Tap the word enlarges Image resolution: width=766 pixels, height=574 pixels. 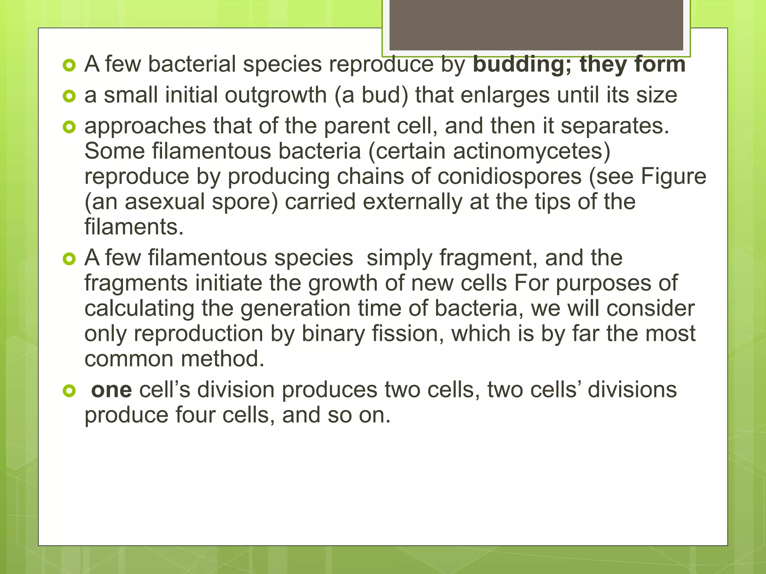click(505, 95)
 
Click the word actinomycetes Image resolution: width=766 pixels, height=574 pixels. click(531, 151)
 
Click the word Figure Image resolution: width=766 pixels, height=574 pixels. click(673, 176)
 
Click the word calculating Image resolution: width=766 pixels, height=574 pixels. click(139, 309)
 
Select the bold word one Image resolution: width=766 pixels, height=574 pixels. click(111, 390)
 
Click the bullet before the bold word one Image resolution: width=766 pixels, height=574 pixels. click(69, 391)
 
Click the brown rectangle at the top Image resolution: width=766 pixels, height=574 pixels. click(536, 25)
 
